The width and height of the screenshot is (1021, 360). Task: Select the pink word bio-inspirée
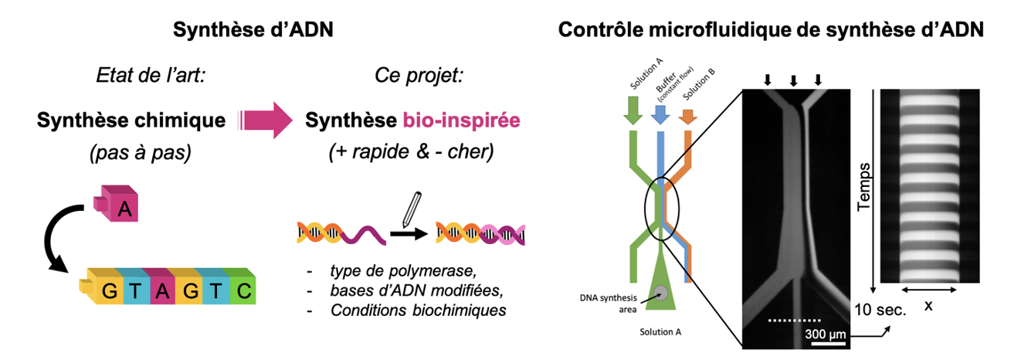pos(461,121)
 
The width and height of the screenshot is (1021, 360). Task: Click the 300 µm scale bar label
pos(826,334)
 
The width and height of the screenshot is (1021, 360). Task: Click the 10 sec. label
pos(880,310)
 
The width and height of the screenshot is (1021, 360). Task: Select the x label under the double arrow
pos(928,306)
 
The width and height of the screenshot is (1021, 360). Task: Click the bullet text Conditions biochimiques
pos(417,311)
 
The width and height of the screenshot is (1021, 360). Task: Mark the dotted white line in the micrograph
pos(794,318)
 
